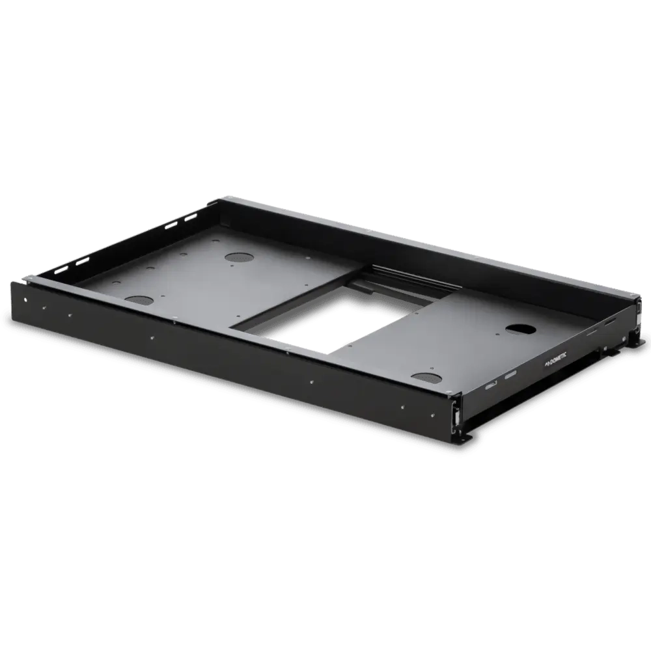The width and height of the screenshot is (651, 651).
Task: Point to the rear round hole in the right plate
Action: click(x=519, y=329)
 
